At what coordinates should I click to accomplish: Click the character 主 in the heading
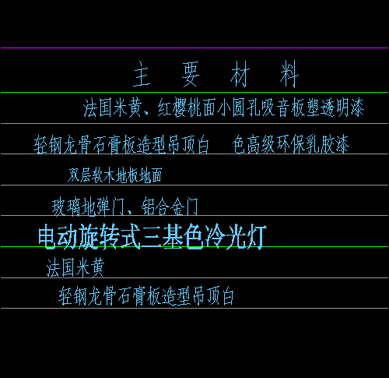(142, 74)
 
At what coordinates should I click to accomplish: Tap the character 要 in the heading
(191, 74)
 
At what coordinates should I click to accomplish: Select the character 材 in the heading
(240, 74)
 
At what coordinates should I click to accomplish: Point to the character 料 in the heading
(289, 74)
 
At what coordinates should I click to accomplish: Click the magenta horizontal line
(194, 48)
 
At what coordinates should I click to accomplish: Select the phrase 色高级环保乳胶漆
(291, 144)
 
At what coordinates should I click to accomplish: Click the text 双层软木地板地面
(115, 175)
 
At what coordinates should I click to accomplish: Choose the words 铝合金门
(170, 207)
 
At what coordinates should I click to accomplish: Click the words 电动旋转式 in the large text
(89, 237)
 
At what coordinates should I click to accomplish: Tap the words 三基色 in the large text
(173, 237)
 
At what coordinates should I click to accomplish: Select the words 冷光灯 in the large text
(236, 237)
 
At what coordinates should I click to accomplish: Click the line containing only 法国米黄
(75, 267)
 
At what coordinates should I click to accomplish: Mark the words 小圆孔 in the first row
(231, 108)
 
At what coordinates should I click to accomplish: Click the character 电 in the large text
(47, 237)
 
